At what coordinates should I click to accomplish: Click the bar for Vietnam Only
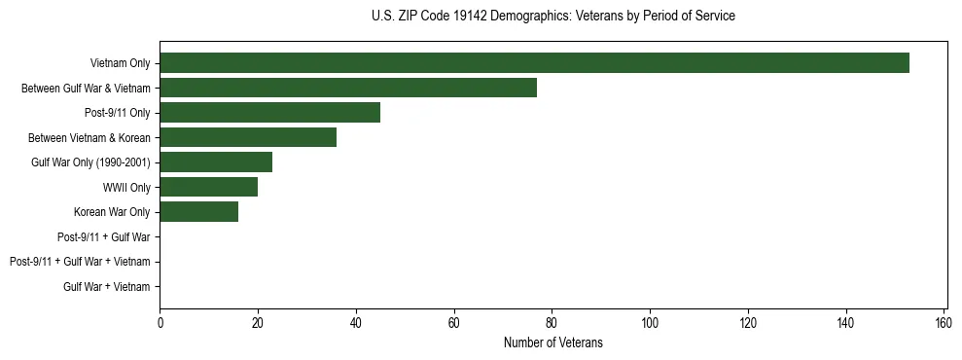[x=534, y=63]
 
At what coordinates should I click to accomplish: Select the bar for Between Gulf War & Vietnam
[x=348, y=88]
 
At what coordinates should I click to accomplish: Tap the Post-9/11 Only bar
[x=269, y=113]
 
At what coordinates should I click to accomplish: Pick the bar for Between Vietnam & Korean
[x=248, y=137]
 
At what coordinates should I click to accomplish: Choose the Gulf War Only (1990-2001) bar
[x=216, y=162]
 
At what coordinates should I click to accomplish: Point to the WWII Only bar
[x=208, y=187]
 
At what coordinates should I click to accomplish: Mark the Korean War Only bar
[x=198, y=212]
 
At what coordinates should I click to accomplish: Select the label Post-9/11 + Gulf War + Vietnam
[x=80, y=262]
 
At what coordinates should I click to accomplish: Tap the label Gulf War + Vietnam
[x=107, y=286]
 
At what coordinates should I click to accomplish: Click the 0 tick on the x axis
[x=160, y=322]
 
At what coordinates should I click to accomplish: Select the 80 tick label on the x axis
[x=552, y=322]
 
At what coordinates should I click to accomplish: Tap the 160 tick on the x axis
[x=944, y=322]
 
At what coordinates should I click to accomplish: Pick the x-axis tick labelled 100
[x=650, y=322]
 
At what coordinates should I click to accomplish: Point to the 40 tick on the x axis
[x=356, y=322]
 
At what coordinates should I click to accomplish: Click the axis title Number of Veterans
[x=552, y=342]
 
